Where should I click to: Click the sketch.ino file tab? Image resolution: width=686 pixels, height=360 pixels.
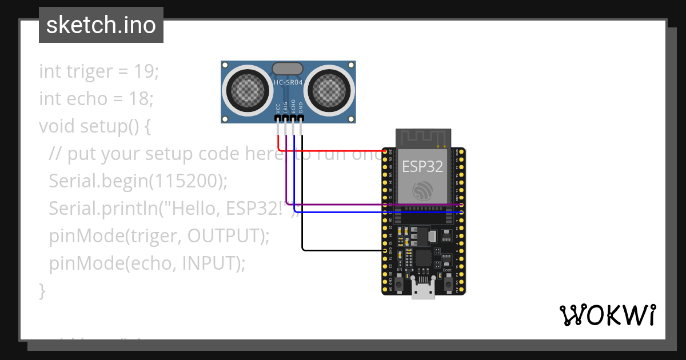101,25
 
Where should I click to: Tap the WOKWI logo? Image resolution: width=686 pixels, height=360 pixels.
607,315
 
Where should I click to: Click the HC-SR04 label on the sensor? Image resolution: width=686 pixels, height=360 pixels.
288,82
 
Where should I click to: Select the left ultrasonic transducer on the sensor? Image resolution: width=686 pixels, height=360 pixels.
248,89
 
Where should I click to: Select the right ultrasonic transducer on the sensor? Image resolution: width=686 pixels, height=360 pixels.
329,89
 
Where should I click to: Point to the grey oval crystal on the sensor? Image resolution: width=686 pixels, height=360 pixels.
288,69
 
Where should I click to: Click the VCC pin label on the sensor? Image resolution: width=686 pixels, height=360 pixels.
278,107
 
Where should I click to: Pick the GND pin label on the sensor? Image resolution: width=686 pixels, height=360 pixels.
301,107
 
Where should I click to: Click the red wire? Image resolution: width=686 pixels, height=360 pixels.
332,151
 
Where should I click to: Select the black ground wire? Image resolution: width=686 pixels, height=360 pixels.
343,250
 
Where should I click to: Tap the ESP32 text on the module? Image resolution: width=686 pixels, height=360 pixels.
422,166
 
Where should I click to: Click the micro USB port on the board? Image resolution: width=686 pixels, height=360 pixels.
423,292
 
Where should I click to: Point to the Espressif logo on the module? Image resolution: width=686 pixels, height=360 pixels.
423,191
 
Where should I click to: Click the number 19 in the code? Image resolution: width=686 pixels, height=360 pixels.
146,71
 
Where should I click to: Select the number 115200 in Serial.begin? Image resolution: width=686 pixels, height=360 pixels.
185,181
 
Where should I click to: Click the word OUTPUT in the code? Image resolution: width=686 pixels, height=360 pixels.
224,236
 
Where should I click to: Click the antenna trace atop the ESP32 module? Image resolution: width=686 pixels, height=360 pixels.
423,138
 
